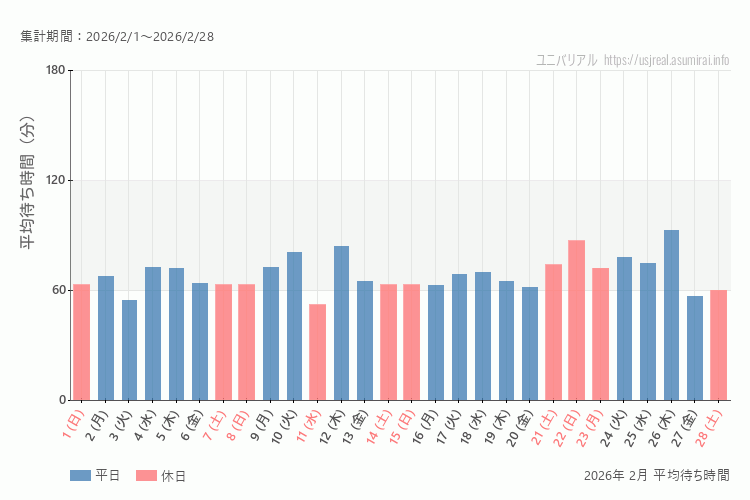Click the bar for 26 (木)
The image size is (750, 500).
click(x=671, y=315)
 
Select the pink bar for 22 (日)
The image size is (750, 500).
click(x=577, y=320)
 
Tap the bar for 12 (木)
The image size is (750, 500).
click(x=341, y=323)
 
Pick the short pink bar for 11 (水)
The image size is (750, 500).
click(x=317, y=352)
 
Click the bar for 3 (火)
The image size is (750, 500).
click(x=129, y=350)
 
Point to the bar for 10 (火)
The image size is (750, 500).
click(x=294, y=326)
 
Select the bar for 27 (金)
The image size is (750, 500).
click(x=695, y=348)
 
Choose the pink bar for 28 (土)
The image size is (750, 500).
click(x=718, y=345)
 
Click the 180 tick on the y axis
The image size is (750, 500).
click(x=55, y=70)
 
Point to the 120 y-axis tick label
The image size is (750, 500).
click(x=55, y=180)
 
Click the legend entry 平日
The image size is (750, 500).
click(x=95, y=476)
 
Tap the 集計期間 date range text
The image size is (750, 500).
click(x=117, y=37)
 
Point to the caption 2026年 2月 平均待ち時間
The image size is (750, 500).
click(x=657, y=475)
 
